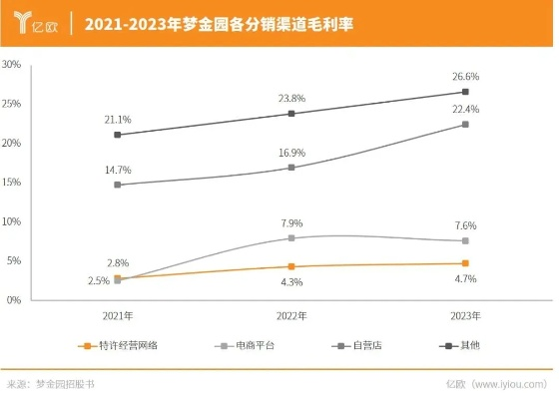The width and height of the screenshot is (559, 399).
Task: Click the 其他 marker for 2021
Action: point(118,135)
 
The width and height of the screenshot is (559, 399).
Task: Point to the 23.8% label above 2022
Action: point(291,98)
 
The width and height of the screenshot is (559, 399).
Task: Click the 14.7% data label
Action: point(118,170)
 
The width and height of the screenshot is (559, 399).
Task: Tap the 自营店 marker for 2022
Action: point(291,168)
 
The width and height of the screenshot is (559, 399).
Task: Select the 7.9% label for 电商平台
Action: point(291,222)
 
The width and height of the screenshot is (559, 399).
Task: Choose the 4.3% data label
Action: point(291,283)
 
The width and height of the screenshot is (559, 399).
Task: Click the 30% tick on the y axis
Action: point(13,65)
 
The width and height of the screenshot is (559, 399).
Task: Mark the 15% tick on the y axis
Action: point(13,183)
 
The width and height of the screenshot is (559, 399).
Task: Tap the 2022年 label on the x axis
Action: point(291,315)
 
